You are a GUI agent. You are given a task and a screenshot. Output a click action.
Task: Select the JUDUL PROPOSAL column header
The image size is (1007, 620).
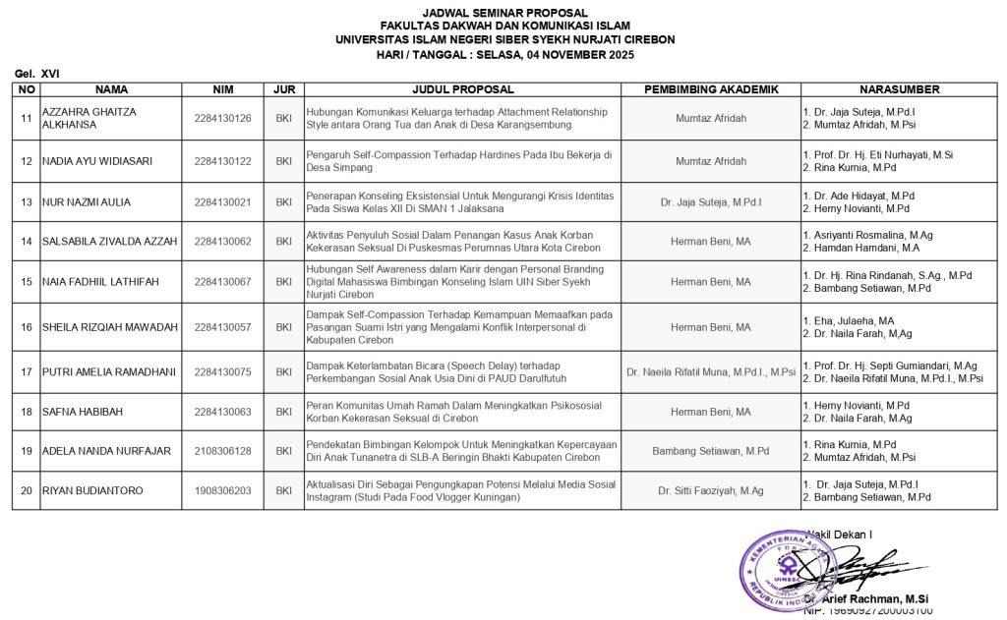pyautogui.click(x=463, y=89)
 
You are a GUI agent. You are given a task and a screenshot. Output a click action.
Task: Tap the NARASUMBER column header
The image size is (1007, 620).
pyautogui.click(x=899, y=89)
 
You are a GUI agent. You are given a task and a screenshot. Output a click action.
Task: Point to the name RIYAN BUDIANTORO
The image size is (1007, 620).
pyautogui.click(x=92, y=490)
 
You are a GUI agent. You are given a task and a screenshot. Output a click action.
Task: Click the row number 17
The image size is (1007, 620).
pyautogui.click(x=27, y=372)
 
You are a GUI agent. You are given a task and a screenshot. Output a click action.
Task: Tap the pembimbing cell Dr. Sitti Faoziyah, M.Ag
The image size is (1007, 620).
pyautogui.click(x=710, y=490)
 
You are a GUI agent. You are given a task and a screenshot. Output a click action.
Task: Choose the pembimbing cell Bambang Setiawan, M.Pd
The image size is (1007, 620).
pyautogui.click(x=710, y=451)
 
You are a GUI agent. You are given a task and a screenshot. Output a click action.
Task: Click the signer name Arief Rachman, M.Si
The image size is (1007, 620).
pyautogui.click(x=870, y=598)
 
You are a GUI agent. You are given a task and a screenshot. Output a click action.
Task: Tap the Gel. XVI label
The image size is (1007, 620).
pyautogui.click(x=38, y=74)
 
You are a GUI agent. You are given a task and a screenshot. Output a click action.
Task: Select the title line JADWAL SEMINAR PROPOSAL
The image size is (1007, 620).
pyautogui.click(x=504, y=13)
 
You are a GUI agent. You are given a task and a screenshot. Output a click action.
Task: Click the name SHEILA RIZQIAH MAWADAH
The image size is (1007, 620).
pyautogui.click(x=108, y=327)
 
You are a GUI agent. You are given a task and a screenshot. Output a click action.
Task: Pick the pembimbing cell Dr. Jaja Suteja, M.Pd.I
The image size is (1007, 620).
pyautogui.click(x=710, y=202)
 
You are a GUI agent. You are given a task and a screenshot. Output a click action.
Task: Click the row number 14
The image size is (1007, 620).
pyautogui.click(x=27, y=241)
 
